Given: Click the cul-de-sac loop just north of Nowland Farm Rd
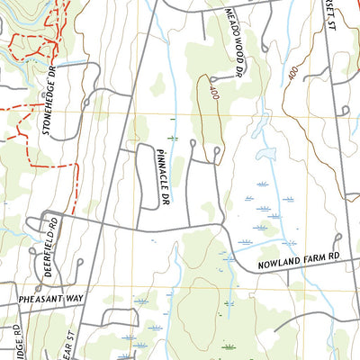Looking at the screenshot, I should [336, 238].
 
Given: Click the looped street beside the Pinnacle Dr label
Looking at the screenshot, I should [143, 175].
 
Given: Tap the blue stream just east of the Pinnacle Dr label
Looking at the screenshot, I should [174, 162].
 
